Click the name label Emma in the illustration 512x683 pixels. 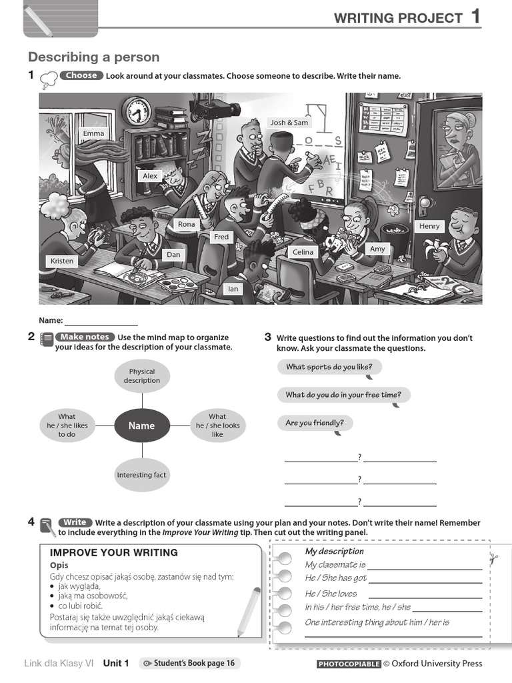[x=93, y=133]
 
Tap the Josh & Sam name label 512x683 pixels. [x=289, y=123]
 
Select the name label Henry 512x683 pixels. [x=429, y=226]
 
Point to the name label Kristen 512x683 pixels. [x=62, y=261]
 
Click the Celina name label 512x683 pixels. [x=303, y=252]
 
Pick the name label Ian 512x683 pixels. [x=233, y=289]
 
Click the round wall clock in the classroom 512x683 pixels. [x=137, y=111]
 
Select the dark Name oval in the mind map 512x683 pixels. [x=141, y=426]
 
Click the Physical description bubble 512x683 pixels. [x=141, y=376]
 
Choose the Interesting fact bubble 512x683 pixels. [x=141, y=475]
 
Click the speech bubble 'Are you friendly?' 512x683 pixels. [x=315, y=423]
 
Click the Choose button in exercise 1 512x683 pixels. [x=81, y=75]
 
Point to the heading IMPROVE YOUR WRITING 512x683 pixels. [x=114, y=552]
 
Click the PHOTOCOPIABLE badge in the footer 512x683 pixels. [x=349, y=664]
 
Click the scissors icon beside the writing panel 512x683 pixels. [x=493, y=559]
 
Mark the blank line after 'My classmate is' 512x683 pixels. [x=425, y=566]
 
